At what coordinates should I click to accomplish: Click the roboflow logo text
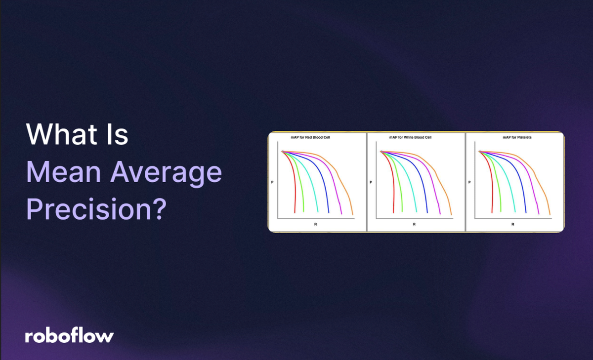pyautogui.click(x=69, y=336)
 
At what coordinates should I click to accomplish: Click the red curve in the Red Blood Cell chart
pyautogui.click(x=294, y=188)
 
